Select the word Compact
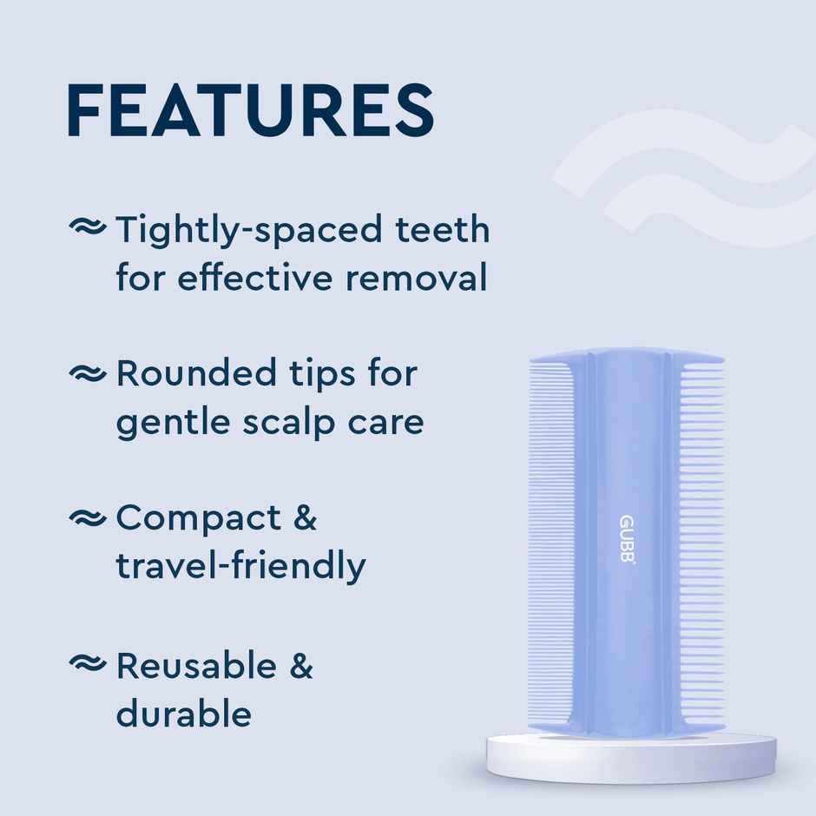[x=199, y=519]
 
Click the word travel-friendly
[x=240, y=566]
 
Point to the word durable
[x=184, y=714]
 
